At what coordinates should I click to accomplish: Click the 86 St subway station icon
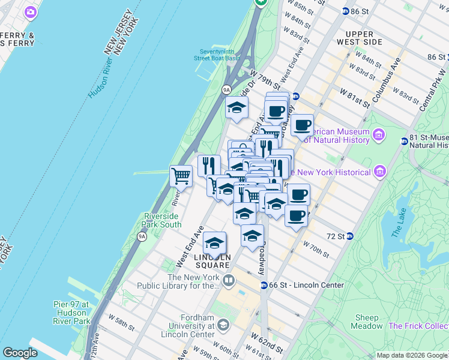click(x=346, y=11)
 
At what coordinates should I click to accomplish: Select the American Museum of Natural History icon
click(x=379, y=133)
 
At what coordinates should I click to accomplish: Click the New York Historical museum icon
click(x=379, y=173)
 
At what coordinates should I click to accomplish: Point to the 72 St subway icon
click(x=350, y=236)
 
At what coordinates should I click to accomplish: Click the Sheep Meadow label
click(x=368, y=322)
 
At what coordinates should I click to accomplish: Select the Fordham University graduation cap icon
click(x=223, y=325)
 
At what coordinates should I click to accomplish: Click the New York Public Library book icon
click(x=229, y=280)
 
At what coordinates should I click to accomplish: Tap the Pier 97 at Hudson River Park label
click(x=71, y=313)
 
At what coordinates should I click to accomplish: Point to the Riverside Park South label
click(x=161, y=220)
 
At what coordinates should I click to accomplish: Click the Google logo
click(x=20, y=353)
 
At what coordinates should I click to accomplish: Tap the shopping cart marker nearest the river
click(x=181, y=176)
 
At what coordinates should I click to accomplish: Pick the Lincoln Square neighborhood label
click(x=212, y=260)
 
